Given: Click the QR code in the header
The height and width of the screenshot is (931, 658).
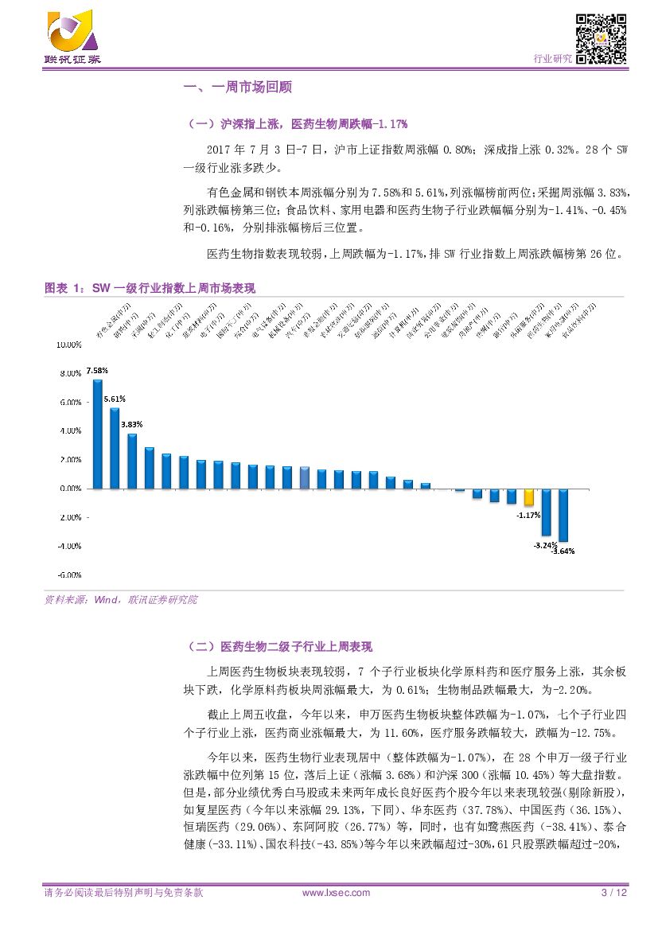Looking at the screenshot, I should (602, 39).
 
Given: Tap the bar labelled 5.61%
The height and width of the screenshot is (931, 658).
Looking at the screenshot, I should (115, 448).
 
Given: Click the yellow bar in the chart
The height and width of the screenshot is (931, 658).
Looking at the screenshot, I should (528, 497).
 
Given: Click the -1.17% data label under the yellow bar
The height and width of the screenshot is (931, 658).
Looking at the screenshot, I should (528, 515).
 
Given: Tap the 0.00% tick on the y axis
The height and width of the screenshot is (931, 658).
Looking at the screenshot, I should (70, 489).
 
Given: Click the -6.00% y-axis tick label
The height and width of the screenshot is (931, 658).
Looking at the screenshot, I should (70, 575).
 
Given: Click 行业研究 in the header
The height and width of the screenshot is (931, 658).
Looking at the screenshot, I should (551, 59).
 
